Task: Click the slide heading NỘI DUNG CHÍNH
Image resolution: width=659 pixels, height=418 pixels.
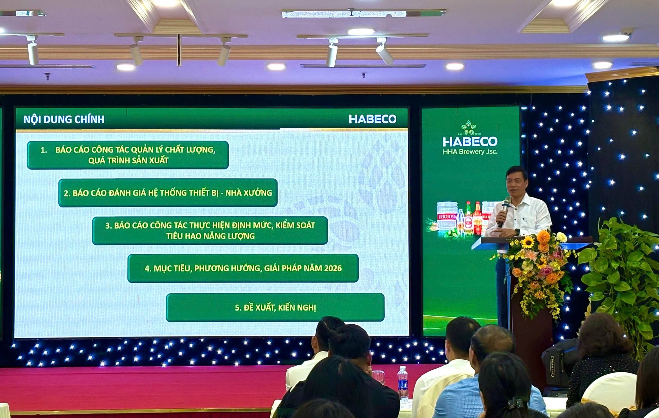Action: pyautogui.click(x=64, y=119)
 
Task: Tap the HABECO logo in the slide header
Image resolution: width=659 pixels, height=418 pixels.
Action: pyautogui.click(x=372, y=119)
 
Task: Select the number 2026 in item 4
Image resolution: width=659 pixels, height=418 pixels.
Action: pyautogui.click(x=333, y=268)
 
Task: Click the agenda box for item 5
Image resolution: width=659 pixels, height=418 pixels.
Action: pyautogui.click(x=275, y=308)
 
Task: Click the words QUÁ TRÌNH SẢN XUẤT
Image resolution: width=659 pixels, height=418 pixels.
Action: pyautogui.click(x=128, y=161)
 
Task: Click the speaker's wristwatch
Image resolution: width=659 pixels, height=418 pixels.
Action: pyautogui.click(x=517, y=232)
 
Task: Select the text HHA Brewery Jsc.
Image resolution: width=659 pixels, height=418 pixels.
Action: pyautogui.click(x=470, y=152)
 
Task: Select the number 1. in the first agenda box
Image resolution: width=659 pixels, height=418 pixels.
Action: pyautogui.click(x=44, y=150)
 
